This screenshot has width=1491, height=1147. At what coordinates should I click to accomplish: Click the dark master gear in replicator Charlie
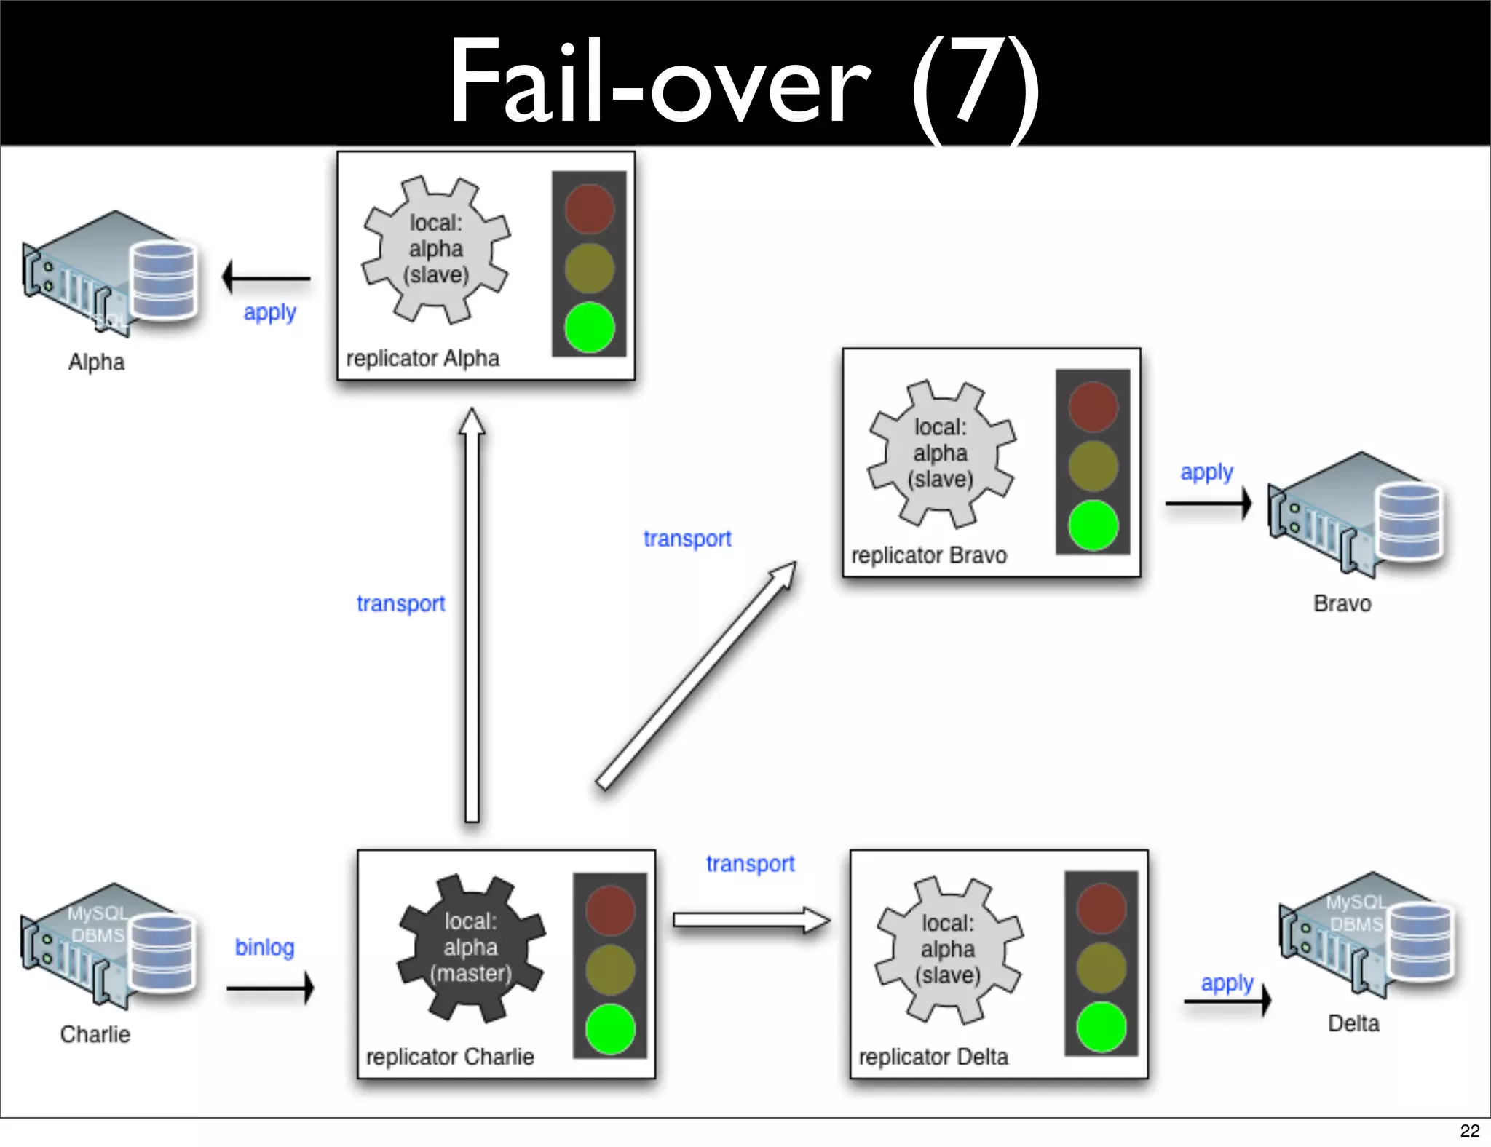point(471,947)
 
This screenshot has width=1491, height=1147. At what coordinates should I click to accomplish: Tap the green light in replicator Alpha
point(589,328)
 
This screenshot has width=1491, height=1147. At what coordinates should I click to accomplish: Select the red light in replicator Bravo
point(1093,407)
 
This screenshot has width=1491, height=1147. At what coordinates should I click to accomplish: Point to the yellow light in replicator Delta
point(1101,967)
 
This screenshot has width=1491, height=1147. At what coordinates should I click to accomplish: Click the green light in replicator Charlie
point(609,1028)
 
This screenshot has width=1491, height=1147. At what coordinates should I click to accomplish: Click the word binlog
point(264,947)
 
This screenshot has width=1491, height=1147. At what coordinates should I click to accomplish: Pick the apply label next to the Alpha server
point(269,312)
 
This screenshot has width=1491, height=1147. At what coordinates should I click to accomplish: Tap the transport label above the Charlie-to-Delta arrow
point(750,863)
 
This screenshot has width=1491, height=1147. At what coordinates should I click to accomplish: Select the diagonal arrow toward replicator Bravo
point(695,676)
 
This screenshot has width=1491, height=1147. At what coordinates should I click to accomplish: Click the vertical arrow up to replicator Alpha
point(472,619)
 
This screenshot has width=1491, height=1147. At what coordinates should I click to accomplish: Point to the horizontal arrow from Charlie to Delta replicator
point(750,920)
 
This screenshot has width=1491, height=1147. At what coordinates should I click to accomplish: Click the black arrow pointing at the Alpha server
point(266,277)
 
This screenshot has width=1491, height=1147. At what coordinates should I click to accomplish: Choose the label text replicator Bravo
point(929,555)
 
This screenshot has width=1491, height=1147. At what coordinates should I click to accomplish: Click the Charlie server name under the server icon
point(95,1034)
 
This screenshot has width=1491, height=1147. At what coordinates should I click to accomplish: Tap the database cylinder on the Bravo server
point(1409,521)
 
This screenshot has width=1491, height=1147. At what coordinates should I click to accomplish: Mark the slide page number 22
point(1469,1130)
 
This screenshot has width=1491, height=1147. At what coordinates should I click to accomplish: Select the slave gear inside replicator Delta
point(948,948)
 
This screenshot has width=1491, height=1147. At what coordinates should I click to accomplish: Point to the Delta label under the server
point(1353,1023)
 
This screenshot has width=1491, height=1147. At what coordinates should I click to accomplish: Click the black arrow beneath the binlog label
point(270,988)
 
